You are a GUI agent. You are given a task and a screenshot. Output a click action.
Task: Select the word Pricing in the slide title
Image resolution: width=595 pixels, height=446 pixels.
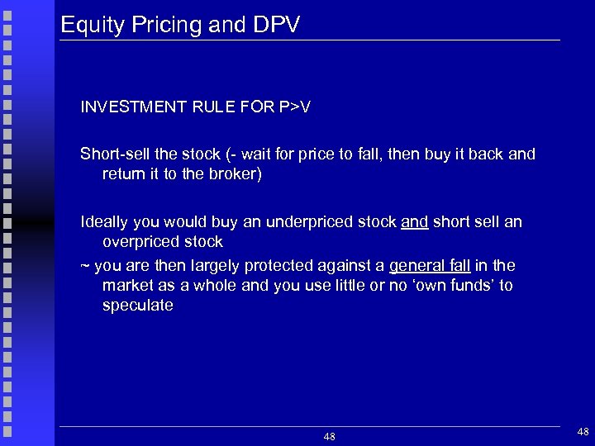(x=161, y=25)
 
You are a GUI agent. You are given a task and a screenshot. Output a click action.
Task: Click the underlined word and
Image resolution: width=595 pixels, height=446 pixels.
(x=414, y=222)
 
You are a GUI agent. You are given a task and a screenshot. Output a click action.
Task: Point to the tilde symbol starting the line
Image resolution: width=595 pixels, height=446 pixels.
(x=84, y=266)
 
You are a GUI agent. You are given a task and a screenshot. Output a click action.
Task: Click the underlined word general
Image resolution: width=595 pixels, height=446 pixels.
(x=417, y=266)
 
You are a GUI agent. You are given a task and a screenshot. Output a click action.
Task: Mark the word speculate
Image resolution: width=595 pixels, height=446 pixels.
(x=137, y=306)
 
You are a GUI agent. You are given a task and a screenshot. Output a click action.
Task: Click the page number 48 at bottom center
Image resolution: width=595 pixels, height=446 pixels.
(x=329, y=436)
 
